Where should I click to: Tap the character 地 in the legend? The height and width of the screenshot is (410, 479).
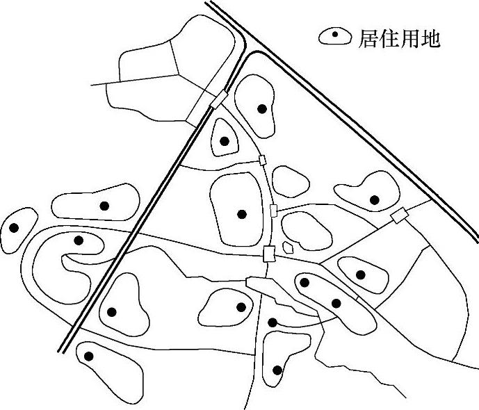point(432,39)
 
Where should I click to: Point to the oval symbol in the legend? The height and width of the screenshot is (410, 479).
point(335,38)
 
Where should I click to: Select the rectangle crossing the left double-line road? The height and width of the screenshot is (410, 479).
point(218,100)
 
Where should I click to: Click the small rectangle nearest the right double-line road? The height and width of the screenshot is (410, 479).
point(398,217)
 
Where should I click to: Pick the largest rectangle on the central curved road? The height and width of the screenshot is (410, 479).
point(269,254)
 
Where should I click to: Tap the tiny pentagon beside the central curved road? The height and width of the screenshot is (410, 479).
point(290,246)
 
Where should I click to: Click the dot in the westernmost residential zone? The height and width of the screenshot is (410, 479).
point(13,227)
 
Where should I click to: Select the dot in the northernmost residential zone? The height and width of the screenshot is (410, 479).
point(262,108)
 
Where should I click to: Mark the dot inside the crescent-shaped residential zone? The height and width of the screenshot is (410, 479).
point(79,240)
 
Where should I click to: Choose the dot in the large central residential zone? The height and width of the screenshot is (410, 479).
point(242,214)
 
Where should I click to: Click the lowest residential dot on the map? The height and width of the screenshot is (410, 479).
point(277,370)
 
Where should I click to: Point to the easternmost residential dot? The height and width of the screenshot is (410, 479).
point(375,200)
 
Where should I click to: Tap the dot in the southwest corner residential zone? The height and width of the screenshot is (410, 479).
point(88,356)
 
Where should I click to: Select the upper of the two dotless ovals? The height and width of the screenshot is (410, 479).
point(291,181)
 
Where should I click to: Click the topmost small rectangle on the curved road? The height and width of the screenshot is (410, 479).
point(262,161)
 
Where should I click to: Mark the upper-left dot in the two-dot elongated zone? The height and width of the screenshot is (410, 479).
point(304,282)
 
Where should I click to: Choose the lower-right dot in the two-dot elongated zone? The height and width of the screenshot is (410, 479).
point(336,303)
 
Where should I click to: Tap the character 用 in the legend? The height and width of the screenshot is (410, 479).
point(411,39)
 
